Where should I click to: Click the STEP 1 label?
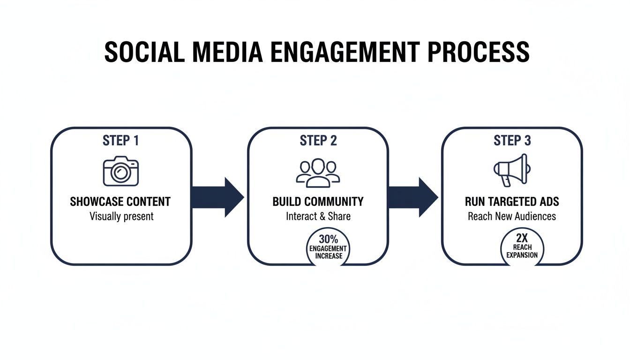(120, 141)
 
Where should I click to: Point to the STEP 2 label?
(318, 141)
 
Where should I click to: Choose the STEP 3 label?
(512, 141)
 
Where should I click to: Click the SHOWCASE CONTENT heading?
(120, 202)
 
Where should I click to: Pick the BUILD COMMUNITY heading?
(318, 202)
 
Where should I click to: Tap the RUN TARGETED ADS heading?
(512, 202)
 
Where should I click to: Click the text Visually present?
(121, 217)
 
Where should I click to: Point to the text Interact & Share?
(318, 217)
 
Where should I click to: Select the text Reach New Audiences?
(512, 217)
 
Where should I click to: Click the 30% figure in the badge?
(328, 239)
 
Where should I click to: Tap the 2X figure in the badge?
(522, 238)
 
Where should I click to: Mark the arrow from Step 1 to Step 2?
(218, 197)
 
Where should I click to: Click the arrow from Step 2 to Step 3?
(412, 197)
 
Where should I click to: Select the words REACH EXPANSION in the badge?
(522, 251)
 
